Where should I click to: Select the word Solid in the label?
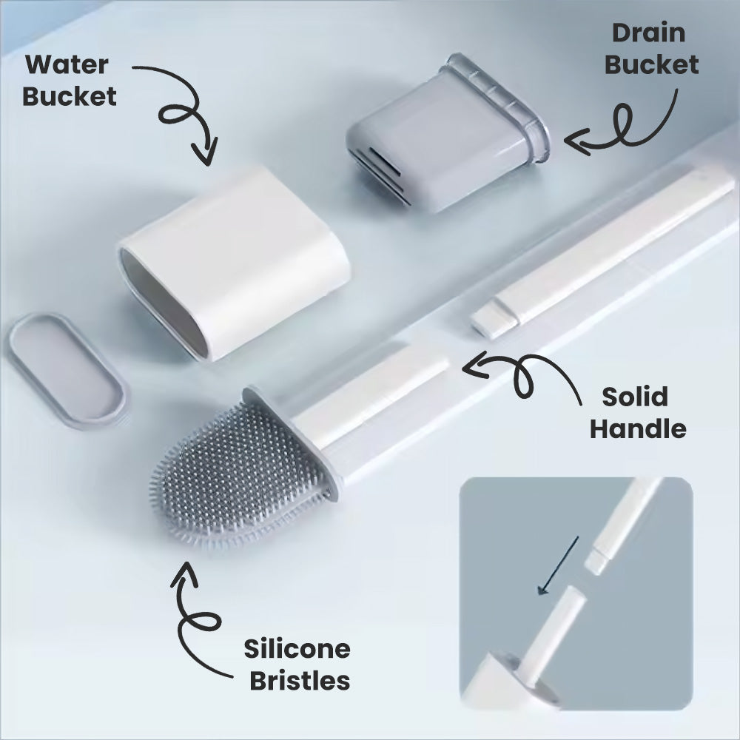tap(634, 397)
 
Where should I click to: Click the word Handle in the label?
tap(637, 428)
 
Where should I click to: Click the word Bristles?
tap(300, 680)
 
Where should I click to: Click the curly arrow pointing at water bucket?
tap(185, 111)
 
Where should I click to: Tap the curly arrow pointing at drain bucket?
tap(629, 129)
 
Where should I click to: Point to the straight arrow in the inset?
tap(559, 566)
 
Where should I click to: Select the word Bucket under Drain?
tap(651, 64)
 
